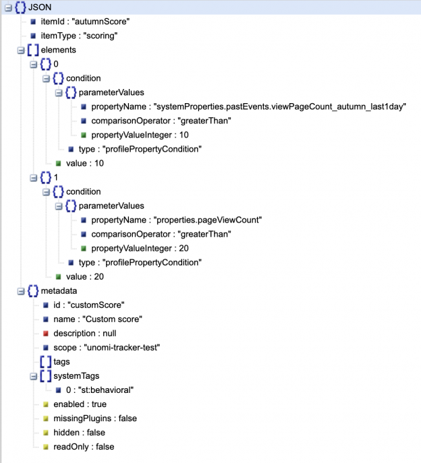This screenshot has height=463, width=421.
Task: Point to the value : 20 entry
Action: point(86,276)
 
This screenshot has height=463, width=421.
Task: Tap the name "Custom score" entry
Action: point(98,319)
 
